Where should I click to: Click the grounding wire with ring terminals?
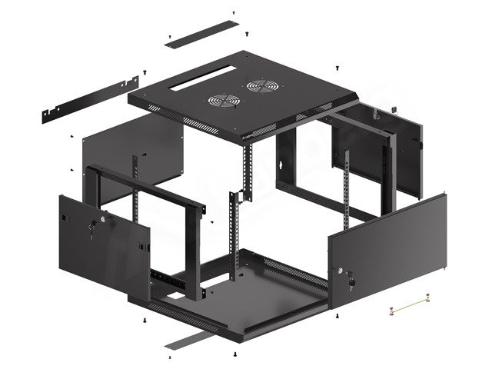(x=407, y=309)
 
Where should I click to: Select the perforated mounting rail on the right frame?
(x=348, y=192)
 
